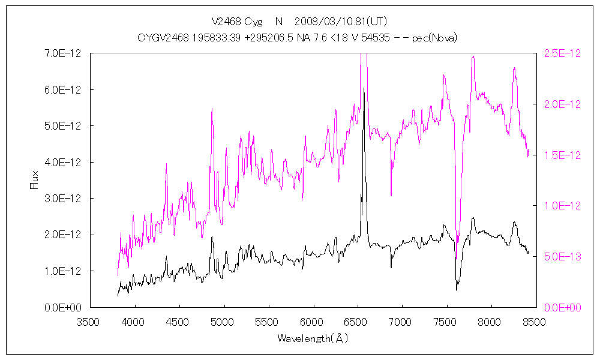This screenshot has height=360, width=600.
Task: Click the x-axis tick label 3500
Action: [90, 322]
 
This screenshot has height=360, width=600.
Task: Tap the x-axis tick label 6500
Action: [357, 322]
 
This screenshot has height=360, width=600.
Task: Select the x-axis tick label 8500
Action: [535, 322]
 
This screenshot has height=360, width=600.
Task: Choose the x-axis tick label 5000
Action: [224, 322]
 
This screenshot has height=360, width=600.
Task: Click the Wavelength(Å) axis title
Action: [312, 338]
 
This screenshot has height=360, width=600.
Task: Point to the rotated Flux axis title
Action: [34, 180]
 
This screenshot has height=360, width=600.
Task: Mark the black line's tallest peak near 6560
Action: [364, 88]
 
